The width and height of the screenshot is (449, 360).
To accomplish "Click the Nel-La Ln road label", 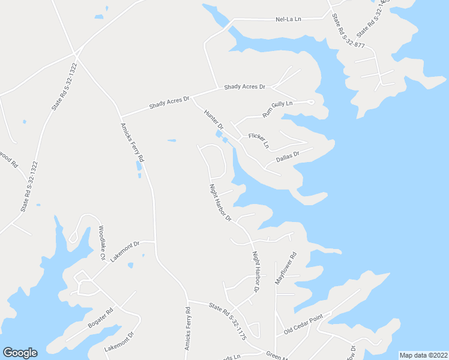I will pos(288,19).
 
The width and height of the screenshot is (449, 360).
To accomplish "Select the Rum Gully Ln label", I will pos(277,109).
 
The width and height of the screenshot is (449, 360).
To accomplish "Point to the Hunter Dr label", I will pos(214,120).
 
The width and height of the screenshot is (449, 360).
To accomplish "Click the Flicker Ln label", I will pos(258,140).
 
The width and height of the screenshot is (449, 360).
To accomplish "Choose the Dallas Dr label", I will pos(287,157).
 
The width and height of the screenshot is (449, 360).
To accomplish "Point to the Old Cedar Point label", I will pos(303,325).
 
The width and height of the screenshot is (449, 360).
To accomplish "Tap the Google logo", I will pos(20,352).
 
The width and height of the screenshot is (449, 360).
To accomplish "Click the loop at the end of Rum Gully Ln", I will pos(310,102).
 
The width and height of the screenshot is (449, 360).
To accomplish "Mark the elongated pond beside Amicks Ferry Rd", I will pos(139,166).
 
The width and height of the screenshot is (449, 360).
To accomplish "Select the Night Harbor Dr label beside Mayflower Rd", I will pos(256,271).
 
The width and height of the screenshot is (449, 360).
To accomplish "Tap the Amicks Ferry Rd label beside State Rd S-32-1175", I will pos(187,329).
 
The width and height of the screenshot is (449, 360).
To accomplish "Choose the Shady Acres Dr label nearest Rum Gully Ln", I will pos(244,87).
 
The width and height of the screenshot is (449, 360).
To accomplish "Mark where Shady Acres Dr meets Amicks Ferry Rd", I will pos(121,116).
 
